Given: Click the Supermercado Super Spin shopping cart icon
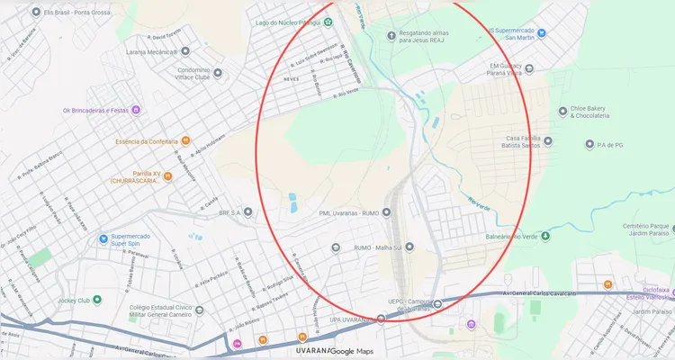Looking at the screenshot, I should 104,239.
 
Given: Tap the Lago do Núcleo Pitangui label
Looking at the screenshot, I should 288,21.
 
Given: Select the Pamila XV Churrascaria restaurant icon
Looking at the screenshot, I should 168,175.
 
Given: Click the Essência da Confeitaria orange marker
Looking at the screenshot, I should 184,141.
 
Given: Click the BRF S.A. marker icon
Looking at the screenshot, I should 247,212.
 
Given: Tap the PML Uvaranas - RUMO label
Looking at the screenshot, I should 349,213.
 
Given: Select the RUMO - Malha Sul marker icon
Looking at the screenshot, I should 409,247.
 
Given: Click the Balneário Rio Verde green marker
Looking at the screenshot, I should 544,236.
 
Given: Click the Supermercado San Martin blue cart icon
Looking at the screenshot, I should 542,32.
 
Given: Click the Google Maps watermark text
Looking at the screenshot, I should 352,351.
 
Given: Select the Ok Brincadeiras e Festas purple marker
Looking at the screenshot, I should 135,111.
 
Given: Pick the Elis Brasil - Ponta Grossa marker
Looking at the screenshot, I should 35,13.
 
